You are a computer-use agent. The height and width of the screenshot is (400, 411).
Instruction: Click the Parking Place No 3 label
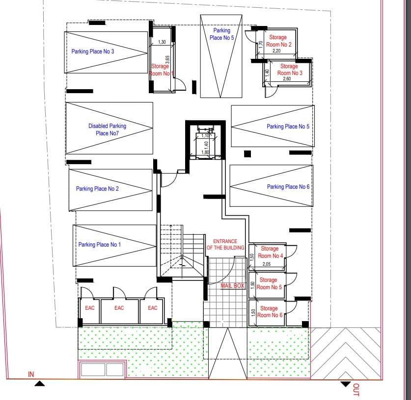(x=93, y=51)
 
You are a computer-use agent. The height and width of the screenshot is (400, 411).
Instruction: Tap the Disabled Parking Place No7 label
(x=107, y=129)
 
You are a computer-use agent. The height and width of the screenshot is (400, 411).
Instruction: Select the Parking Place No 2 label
(x=97, y=189)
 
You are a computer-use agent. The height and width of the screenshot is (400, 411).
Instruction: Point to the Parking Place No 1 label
(x=100, y=245)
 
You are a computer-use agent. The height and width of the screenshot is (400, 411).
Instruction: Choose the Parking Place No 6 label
(x=288, y=187)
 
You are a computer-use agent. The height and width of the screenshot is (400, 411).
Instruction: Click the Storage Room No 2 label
(x=278, y=41)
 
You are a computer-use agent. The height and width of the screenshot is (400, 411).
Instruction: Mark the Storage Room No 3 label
(x=290, y=70)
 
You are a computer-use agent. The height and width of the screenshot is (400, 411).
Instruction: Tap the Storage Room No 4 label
(x=270, y=252)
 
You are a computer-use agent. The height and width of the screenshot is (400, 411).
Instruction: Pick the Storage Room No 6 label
(x=270, y=312)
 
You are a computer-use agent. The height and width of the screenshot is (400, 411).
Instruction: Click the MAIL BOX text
(x=232, y=286)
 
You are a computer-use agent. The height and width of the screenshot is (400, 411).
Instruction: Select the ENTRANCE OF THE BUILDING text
(x=225, y=244)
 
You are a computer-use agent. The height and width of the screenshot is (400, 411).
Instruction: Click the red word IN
(x=31, y=375)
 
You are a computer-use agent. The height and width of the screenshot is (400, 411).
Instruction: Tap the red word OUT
(x=356, y=390)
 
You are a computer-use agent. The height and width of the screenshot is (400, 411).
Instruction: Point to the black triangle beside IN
(x=40, y=383)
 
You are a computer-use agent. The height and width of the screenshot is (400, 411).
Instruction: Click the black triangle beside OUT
(x=346, y=384)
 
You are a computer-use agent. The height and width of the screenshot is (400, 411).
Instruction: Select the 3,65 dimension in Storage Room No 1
(x=168, y=60)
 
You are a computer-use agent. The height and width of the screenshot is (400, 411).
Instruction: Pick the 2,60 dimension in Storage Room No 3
(x=287, y=79)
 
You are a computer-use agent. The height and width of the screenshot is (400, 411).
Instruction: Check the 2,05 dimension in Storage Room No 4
(x=267, y=264)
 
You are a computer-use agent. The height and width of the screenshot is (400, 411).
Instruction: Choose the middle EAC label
(x=119, y=308)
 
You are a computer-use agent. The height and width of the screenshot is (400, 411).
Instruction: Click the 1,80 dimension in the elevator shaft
(x=205, y=152)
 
